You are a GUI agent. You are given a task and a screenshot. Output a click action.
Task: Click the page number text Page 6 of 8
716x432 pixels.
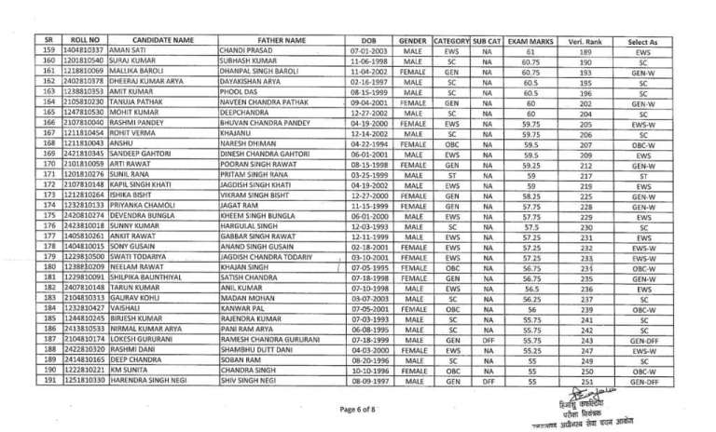pos(358,409)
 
